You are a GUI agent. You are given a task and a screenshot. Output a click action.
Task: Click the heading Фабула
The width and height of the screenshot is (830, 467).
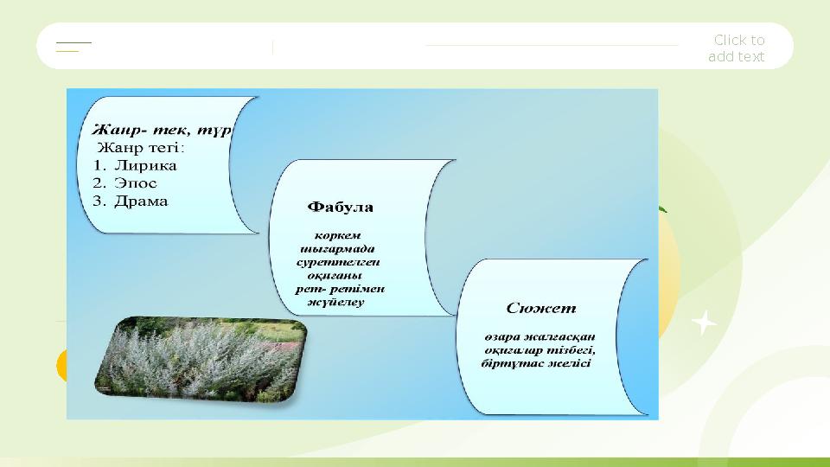341,208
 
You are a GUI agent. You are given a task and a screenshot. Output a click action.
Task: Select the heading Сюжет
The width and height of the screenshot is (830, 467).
541,308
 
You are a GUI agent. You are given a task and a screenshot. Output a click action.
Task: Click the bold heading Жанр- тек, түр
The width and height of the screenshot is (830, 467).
161,131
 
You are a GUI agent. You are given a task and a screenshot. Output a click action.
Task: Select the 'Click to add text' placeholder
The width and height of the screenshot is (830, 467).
737,48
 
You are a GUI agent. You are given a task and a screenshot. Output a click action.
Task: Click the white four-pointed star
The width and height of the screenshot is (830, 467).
705,323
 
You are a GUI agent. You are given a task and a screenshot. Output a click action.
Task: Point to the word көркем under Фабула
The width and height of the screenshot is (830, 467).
338,233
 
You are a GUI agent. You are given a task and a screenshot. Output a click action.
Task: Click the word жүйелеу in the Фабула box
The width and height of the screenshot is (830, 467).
336,303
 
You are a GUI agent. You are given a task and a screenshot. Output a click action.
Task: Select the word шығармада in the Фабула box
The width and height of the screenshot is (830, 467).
338,247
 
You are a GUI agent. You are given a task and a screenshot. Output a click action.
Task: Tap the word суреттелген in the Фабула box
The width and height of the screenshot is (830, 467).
338,261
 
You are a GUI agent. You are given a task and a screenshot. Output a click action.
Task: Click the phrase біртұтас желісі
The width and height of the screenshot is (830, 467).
536,364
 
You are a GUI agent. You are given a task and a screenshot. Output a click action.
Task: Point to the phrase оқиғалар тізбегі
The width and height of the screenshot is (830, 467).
540,350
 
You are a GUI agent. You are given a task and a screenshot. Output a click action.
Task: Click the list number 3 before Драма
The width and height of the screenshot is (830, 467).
98,202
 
